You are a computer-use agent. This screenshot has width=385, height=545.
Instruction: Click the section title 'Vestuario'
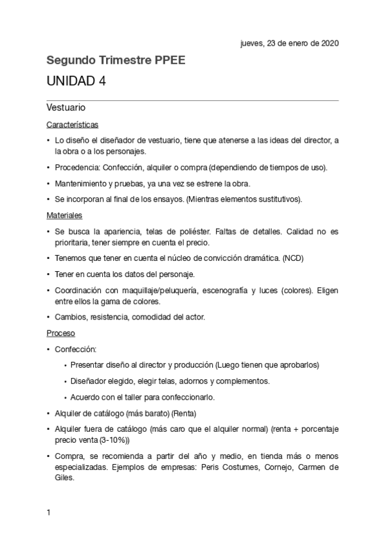[67, 107]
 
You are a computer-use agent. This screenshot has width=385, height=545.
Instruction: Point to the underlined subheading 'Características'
[72, 124]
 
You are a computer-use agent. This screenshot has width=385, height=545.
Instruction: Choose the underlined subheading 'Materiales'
[64, 215]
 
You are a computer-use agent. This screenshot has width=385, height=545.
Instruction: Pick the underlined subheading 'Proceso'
[61, 334]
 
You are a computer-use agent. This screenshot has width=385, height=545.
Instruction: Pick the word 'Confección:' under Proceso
[75, 350]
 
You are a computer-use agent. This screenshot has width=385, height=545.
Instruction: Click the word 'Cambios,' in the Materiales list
[71, 317]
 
